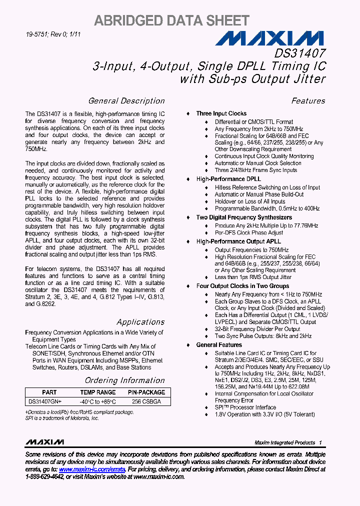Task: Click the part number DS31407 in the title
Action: click(299, 53)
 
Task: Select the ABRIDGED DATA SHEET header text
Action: click(171, 20)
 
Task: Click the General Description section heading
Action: click(126, 101)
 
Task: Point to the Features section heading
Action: click(308, 101)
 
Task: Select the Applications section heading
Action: click(140, 322)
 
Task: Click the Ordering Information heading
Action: click(124, 380)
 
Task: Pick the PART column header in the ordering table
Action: click(49, 392)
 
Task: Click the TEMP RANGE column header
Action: click(97, 392)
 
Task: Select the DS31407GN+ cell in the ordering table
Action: click(45, 401)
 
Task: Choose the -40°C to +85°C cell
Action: click(97, 401)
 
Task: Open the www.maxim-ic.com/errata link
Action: click(91, 470)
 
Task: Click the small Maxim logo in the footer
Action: click(44, 442)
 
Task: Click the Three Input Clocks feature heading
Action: click(221, 113)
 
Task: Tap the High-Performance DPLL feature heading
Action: click(228, 179)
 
